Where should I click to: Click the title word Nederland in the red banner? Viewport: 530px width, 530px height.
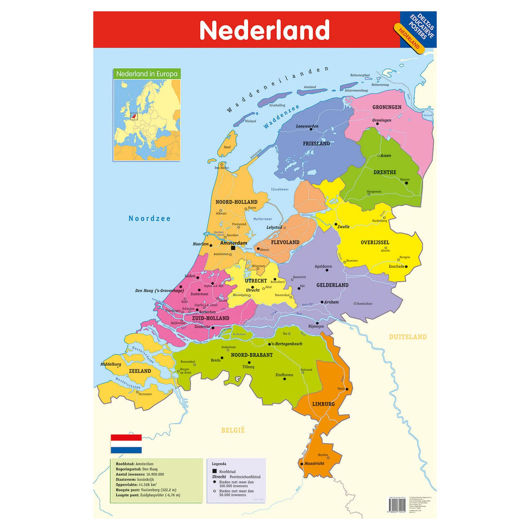(264, 30)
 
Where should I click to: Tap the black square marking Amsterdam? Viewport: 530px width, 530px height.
(233, 248)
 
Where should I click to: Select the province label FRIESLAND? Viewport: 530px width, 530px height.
(317, 144)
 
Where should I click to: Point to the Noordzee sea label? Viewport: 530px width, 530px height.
(149, 218)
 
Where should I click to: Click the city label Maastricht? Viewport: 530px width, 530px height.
(314, 464)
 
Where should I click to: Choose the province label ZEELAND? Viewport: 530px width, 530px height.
(140, 371)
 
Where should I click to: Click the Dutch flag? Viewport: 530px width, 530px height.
(126, 444)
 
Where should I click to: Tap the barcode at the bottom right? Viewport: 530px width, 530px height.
(397, 506)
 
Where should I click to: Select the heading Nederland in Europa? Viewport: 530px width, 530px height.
(147, 74)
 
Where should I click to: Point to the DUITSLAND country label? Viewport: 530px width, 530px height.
(408, 337)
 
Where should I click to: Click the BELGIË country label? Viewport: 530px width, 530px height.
(233, 430)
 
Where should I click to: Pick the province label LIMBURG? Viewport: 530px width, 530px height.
(324, 404)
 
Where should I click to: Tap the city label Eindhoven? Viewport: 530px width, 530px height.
(284, 375)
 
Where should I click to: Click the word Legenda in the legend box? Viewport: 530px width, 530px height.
(219, 464)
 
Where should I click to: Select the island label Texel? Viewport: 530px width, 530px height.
(227, 147)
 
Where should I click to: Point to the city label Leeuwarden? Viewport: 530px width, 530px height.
(307, 126)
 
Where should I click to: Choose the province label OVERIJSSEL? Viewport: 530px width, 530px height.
(375, 242)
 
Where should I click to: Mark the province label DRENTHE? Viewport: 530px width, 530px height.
(385, 172)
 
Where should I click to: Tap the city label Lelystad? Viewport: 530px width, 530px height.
(274, 227)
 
